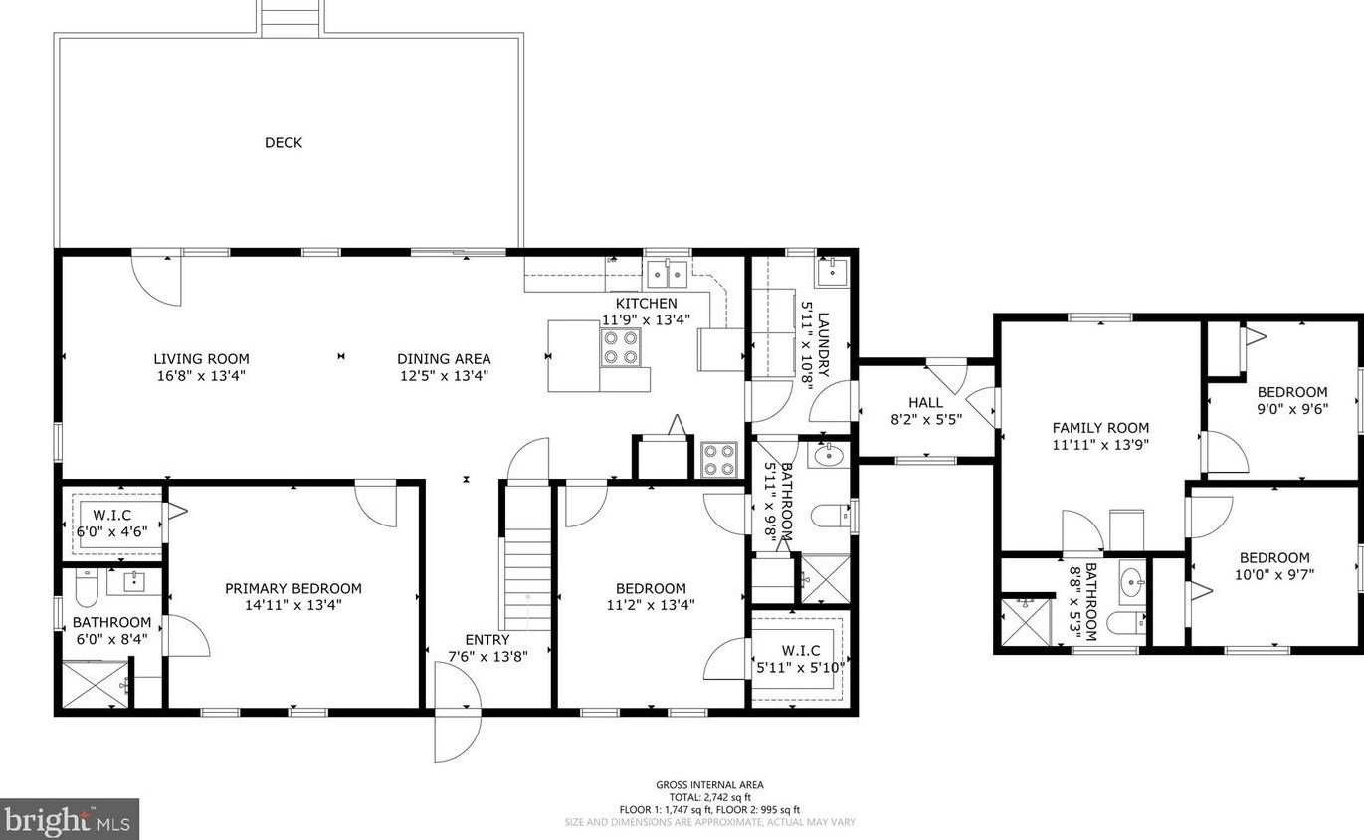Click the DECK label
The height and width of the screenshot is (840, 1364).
tap(284, 142)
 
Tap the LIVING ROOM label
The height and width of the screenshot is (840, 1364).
tap(201, 359)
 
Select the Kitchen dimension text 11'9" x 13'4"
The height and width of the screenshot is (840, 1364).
tap(646, 319)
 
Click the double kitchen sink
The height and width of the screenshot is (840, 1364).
tap(667, 274)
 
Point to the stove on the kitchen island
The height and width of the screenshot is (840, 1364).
tap(621, 347)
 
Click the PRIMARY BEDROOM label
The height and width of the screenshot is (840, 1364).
tap(292, 588)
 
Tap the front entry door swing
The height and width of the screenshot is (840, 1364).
tap(458, 712)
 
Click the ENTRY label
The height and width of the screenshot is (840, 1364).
tap(487, 640)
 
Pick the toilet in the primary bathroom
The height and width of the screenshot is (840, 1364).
tap(86, 588)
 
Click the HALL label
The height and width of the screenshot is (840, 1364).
tap(925, 403)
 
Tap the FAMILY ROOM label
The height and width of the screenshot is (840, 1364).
tap(1100, 428)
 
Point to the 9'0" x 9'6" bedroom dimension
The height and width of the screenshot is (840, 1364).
tap(1292, 409)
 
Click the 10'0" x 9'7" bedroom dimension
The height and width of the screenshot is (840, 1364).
tap(1273, 574)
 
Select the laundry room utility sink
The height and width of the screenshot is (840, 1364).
tap(831, 272)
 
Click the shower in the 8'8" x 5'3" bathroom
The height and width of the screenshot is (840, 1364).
tap(1026, 621)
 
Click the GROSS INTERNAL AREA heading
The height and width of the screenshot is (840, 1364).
tap(709, 786)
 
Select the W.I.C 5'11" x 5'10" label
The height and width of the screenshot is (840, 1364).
tap(800, 659)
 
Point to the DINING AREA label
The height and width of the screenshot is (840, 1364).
tap(444, 359)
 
